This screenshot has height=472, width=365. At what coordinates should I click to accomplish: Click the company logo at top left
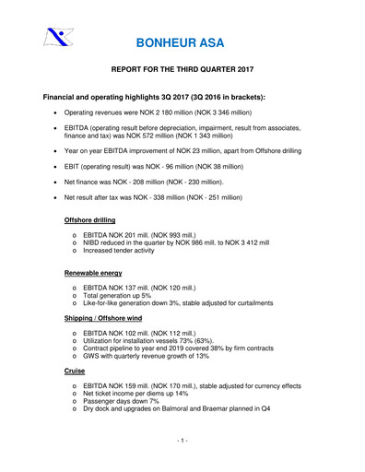click(57, 39)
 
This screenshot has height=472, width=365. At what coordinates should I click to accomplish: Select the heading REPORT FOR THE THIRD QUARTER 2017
click(182, 71)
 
